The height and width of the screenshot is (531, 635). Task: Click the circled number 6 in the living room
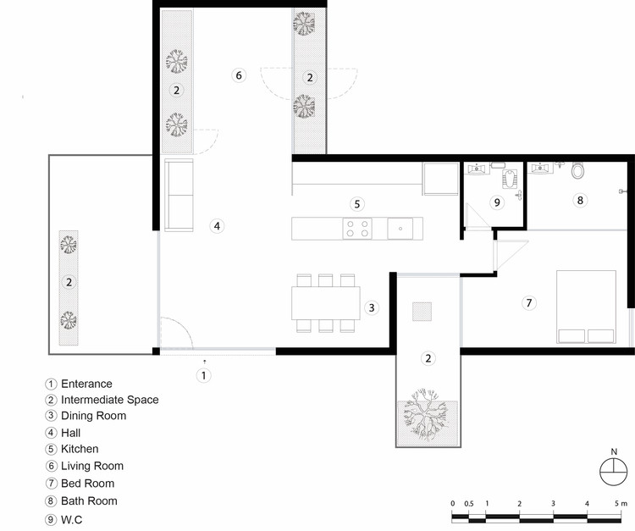point(239,75)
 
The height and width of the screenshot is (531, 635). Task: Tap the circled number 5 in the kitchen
point(356,204)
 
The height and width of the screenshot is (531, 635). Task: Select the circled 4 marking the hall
point(217,226)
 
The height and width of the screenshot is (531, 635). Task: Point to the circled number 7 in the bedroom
point(528,302)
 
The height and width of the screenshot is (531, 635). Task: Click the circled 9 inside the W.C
point(497,202)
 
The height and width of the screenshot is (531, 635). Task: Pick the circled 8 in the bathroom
point(580,200)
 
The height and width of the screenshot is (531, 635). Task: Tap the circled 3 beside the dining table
point(372,307)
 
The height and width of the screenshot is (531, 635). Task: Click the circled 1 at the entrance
point(204,375)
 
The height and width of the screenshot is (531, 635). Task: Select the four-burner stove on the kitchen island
point(357,229)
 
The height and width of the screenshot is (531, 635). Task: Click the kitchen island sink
point(400,229)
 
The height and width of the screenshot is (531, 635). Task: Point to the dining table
point(326,303)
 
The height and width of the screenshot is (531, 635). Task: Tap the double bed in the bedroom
point(586,307)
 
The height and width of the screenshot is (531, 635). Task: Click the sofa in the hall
point(179,196)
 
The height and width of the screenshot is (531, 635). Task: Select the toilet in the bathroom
point(578,170)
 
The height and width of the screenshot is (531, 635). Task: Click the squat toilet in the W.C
point(509,178)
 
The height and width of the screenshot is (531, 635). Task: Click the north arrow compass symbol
point(614,471)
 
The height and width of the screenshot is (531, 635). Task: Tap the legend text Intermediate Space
point(110,400)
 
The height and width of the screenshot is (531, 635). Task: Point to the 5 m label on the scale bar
point(621,503)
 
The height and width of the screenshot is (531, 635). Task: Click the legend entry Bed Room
point(87,484)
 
